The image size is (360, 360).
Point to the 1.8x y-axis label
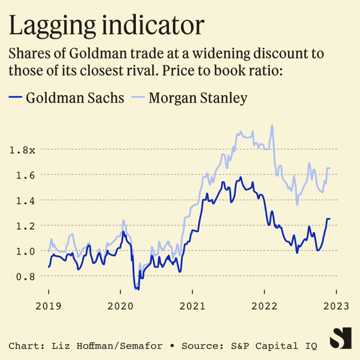[x=22, y=149]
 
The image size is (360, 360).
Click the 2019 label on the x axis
[x=49, y=306]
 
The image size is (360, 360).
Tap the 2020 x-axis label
[x=121, y=306]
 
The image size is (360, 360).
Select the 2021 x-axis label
[x=192, y=306]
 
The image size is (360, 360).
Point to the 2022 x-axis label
[x=264, y=306]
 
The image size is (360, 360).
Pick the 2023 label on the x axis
[x=336, y=306]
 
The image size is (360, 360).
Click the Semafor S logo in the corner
[x=340, y=338]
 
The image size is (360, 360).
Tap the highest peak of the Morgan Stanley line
[x=272, y=126]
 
